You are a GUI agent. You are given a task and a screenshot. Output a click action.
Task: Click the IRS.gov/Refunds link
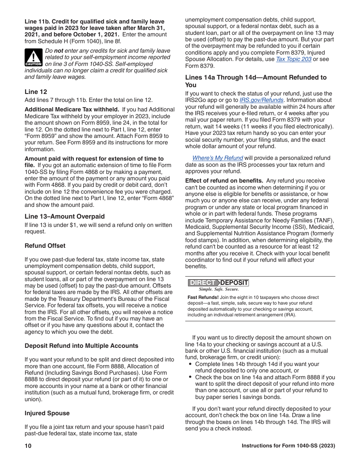(x=261, y=100)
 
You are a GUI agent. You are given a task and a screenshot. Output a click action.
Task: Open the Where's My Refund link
(x=218, y=158)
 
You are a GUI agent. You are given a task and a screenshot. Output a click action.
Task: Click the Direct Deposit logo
(x=218, y=283)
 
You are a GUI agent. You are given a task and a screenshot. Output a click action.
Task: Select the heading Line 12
(x=36, y=92)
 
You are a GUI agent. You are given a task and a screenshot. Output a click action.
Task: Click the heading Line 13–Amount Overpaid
(x=64, y=216)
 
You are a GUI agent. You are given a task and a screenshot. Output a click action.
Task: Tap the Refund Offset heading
(x=45, y=246)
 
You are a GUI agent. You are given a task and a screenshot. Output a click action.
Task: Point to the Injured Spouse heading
(x=47, y=413)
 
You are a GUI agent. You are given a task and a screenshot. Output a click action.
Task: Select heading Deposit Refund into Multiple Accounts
(x=81, y=346)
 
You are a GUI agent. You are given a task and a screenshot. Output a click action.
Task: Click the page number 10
(x=28, y=446)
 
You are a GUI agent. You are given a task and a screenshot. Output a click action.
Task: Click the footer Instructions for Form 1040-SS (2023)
(x=288, y=446)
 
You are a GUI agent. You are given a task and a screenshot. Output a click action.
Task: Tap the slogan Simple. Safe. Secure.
(x=219, y=289)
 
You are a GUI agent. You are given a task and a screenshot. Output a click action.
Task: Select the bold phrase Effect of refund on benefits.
(x=224, y=181)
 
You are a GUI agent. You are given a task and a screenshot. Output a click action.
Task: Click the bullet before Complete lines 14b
(x=191, y=364)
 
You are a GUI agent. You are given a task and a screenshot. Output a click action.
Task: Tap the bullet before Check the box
(x=191, y=377)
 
